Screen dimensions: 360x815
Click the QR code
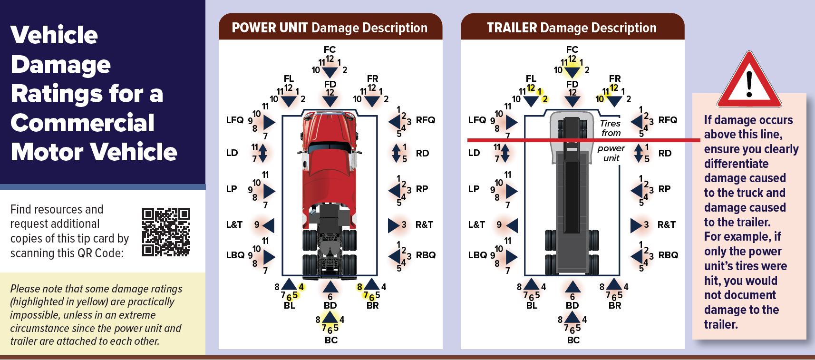point(166,232)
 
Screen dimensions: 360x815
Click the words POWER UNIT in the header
point(269,28)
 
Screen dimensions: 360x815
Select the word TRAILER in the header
point(512,28)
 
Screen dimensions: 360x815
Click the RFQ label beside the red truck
point(425,120)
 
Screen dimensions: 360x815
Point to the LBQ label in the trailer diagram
point(477,255)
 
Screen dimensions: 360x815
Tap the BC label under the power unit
point(331,340)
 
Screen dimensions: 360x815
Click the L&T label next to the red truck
point(234,224)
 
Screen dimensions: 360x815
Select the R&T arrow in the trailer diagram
point(636,225)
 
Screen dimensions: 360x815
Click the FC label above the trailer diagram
point(572,49)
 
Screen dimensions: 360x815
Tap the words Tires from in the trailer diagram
point(611,128)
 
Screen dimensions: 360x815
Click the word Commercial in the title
point(82,123)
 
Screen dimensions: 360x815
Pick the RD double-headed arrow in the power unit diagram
point(396,153)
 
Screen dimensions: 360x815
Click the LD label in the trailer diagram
point(474,153)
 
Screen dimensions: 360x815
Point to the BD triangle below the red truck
point(330,287)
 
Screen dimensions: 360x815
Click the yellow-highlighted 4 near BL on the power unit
point(301,287)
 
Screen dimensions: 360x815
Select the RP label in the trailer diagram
point(664,189)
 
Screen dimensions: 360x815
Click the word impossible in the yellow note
point(31,315)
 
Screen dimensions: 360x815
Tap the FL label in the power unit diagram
point(289,78)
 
